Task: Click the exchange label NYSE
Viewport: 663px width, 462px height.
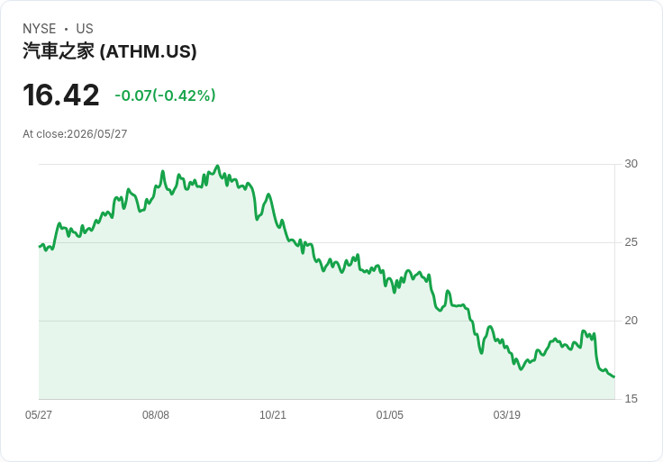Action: tap(40, 29)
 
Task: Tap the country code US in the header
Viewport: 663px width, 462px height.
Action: tap(85, 29)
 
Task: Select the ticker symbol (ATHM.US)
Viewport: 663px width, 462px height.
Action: tap(149, 51)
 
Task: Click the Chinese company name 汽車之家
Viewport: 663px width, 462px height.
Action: tap(59, 51)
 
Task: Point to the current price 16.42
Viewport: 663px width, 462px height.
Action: tap(61, 95)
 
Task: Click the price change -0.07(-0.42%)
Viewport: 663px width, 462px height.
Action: tap(165, 95)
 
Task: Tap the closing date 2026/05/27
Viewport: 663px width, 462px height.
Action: tap(96, 134)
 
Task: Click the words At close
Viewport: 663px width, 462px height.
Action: tap(43, 134)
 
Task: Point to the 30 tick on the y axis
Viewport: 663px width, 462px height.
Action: tap(631, 164)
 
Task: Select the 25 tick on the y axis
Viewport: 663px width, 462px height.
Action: tap(631, 242)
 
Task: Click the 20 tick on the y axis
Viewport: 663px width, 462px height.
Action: tap(631, 321)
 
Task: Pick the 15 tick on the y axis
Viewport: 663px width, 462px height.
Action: tap(631, 399)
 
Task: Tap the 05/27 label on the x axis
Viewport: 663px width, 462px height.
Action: tap(39, 415)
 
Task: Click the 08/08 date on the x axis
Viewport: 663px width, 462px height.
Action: tap(156, 415)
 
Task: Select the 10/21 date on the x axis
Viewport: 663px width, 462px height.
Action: tap(273, 415)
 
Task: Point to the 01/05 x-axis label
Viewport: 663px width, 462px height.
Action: tap(389, 415)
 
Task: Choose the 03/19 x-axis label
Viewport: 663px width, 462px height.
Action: tap(506, 415)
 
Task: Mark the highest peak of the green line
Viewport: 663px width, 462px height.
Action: tap(218, 166)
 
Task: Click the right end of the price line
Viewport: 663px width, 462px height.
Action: tap(614, 376)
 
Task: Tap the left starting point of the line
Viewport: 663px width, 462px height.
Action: tap(40, 247)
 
